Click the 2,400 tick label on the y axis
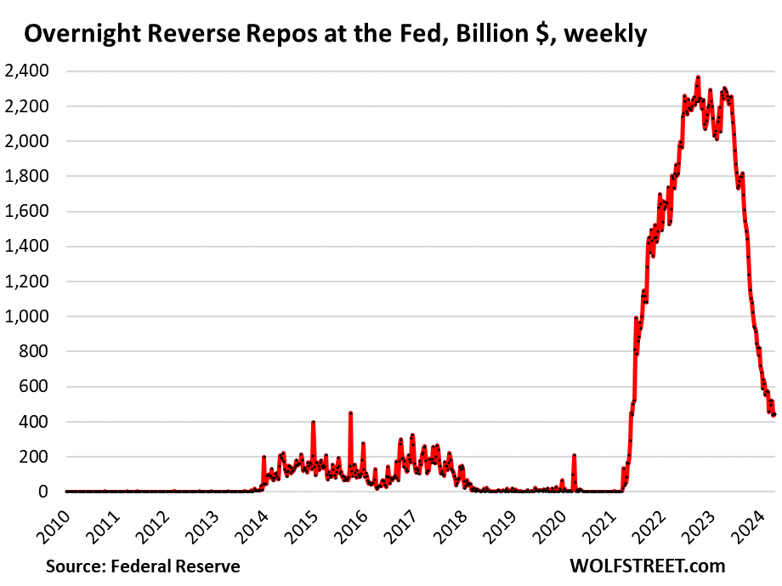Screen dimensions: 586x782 coord(29,71)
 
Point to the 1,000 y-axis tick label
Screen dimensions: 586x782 coord(29,316)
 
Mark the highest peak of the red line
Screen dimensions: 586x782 coord(698,77)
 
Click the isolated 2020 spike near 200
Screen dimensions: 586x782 coord(574,456)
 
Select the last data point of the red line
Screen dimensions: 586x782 coord(773,414)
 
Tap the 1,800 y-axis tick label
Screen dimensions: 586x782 coord(29,176)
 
